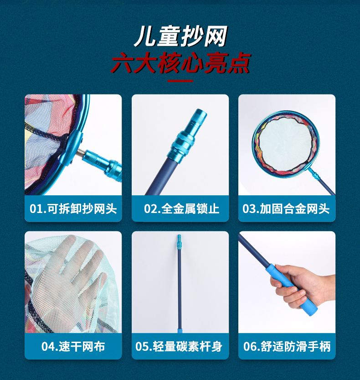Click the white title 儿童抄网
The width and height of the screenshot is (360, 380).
(x=180, y=36)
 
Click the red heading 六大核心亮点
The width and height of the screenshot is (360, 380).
(x=180, y=63)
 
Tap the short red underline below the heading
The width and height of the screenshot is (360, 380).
(x=180, y=81)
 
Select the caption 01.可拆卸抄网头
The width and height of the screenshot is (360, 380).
(x=73, y=208)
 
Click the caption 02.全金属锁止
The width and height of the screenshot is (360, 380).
(x=181, y=208)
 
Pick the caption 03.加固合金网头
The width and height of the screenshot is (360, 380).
(x=286, y=208)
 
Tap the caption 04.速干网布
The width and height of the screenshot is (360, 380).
(x=73, y=346)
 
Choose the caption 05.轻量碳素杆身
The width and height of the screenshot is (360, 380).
(x=179, y=346)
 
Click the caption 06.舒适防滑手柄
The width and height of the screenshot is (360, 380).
(x=287, y=346)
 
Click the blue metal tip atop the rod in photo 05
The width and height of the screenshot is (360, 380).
(x=179, y=241)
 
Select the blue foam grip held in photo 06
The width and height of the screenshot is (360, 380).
(x=292, y=290)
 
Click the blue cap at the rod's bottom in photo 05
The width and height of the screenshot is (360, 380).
(x=180, y=331)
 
